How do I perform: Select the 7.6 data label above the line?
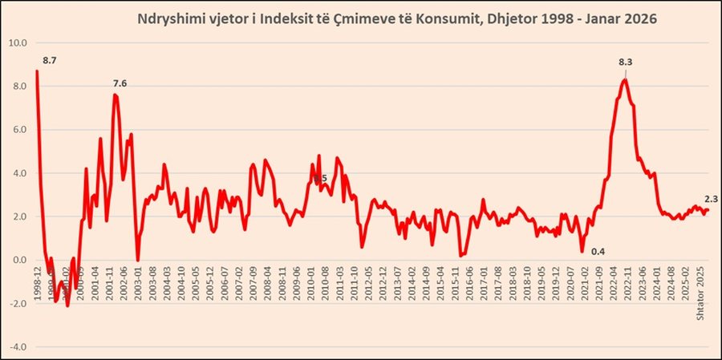tap(120, 83)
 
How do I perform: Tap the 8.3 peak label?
tap(626, 62)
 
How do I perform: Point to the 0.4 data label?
tap(598, 252)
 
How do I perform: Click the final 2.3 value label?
tap(711, 199)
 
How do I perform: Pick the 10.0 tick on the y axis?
tap(18, 42)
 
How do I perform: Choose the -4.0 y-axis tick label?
tap(18, 347)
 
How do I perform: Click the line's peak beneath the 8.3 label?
tap(625, 79)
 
